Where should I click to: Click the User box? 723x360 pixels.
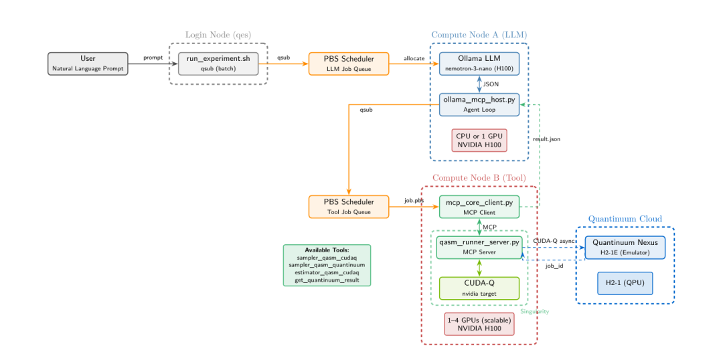click(88, 64)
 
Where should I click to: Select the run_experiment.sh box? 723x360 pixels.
click(218, 64)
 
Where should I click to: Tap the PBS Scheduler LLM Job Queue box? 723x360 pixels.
click(349, 64)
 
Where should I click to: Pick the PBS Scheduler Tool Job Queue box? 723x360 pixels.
click(349, 207)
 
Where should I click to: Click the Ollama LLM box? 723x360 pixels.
click(479, 64)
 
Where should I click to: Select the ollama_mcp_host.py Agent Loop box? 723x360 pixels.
click(479, 104)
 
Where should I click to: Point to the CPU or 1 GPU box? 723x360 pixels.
click(479, 140)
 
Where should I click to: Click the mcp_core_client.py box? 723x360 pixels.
click(479, 207)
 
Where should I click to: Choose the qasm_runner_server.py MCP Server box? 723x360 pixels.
click(479, 248)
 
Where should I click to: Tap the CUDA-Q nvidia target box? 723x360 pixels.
click(479, 288)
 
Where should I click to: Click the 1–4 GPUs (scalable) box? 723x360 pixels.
click(479, 324)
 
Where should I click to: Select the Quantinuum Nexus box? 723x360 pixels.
click(625, 248)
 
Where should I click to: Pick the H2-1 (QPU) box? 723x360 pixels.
click(625, 283)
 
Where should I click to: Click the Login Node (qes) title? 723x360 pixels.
click(218, 35)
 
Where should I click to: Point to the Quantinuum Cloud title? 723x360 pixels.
click(625, 219)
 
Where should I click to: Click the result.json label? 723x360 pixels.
click(546, 139)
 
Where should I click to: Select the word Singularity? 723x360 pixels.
click(535, 312)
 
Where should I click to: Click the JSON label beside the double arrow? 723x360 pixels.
click(491, 84)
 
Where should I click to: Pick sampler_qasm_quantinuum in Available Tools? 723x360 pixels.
click(327, 265)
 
